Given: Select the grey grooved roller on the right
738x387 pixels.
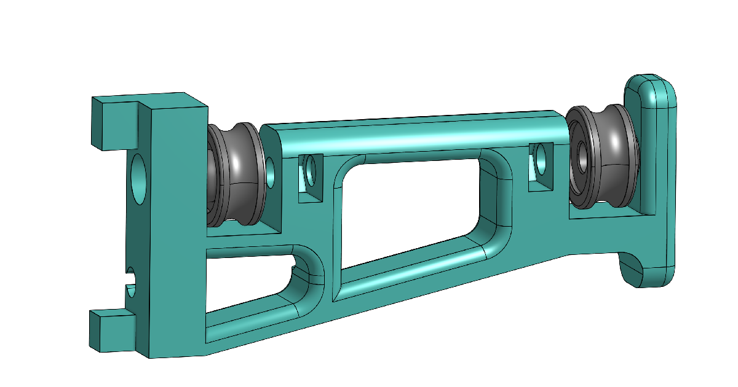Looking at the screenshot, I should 606,157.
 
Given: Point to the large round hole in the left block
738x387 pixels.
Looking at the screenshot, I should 140,179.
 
